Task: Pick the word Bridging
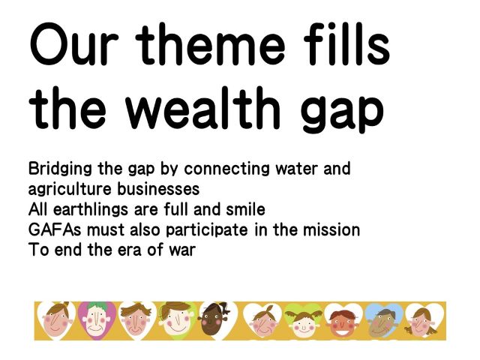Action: pyautogui.click(x=60, y=169)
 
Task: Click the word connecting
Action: pyautogui.click(x=226, y=169)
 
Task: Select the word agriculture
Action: pyautogui.click(x=70, y=190)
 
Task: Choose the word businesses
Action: pyautogui.click(x=158, y=189)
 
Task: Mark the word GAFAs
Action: pyautogui.click(x=55, y=230)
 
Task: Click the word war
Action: pyautogui.click(x=182, y=250)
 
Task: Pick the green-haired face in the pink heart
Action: pyautogui.click(x=97, y=321)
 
